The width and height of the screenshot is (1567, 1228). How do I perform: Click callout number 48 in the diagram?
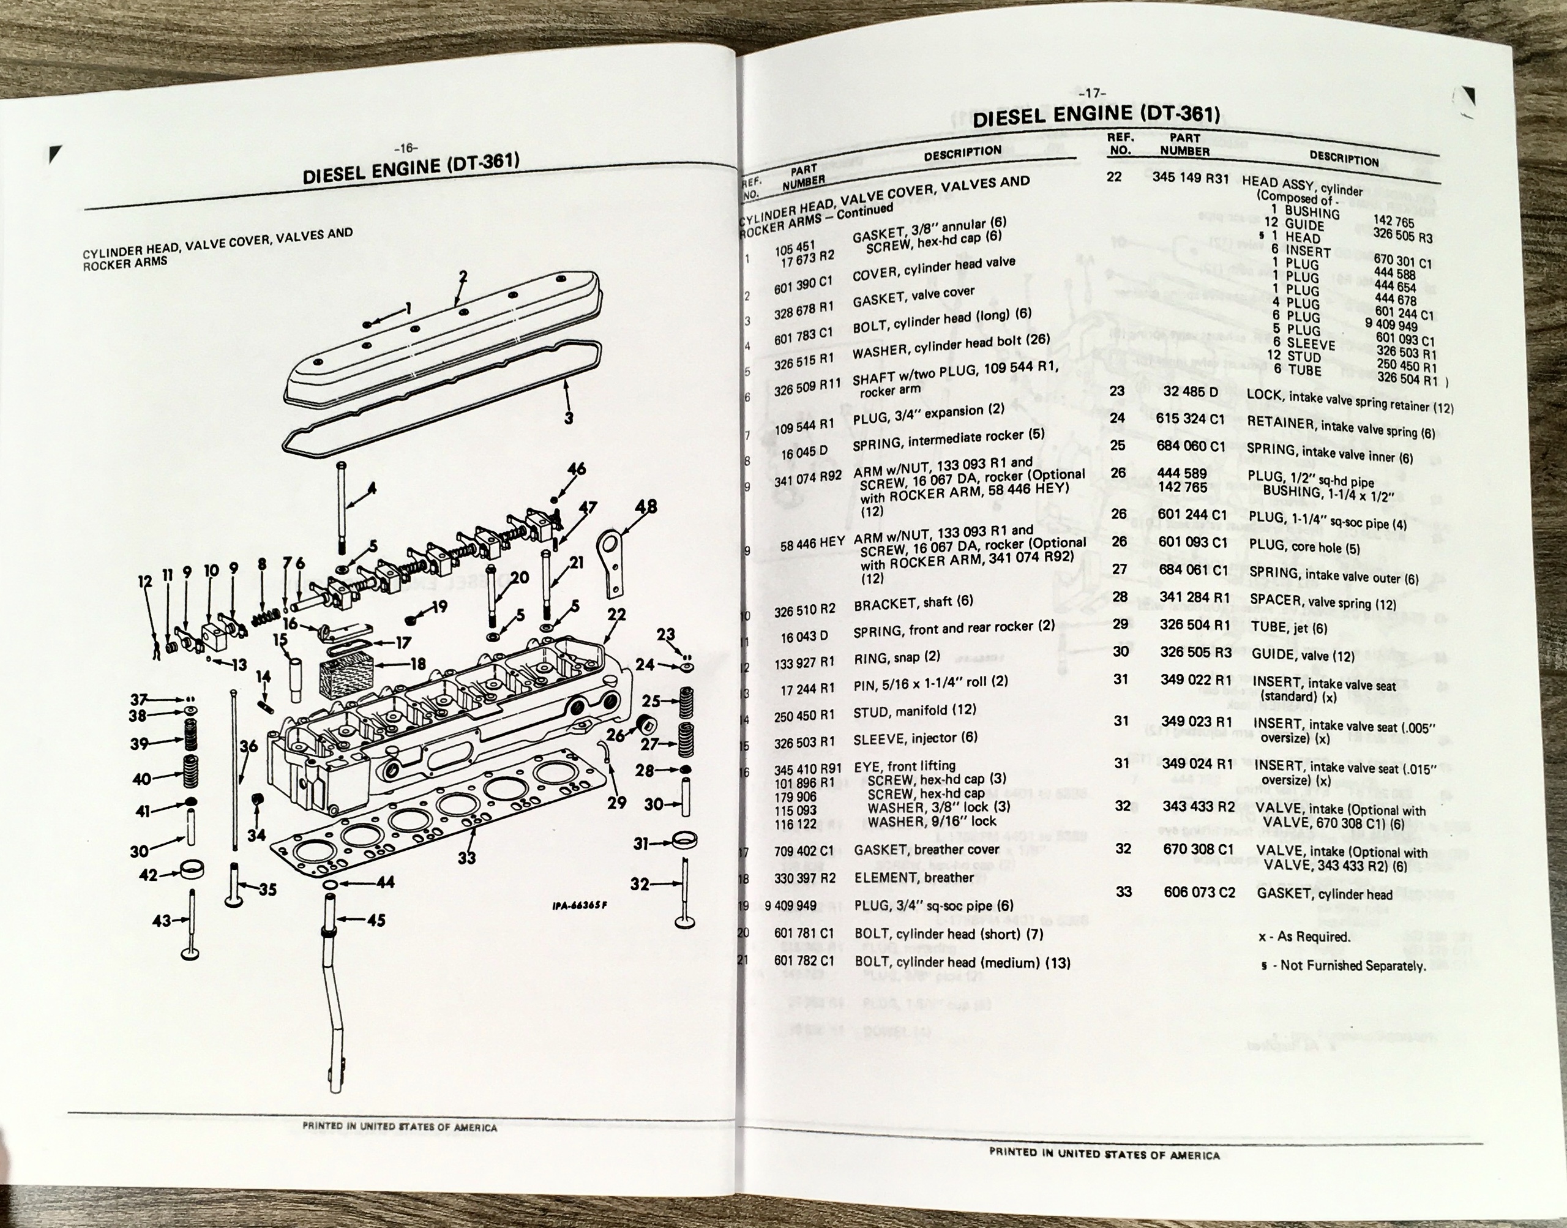click(646, 506)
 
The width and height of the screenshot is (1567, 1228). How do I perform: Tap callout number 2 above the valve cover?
click(463, 275)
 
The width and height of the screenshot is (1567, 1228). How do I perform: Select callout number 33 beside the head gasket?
click(466, 857)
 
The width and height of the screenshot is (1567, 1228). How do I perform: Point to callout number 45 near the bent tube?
click(376, 919)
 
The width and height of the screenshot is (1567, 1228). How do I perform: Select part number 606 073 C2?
click(1199, 893)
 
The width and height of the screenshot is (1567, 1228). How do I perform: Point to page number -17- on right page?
click(1093, 93)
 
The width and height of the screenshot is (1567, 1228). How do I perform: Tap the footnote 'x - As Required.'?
click(1304, 937)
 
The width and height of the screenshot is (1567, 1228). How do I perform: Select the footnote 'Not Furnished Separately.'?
click(1352, 965)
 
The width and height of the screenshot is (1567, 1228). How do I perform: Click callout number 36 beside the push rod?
click(248, 746)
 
